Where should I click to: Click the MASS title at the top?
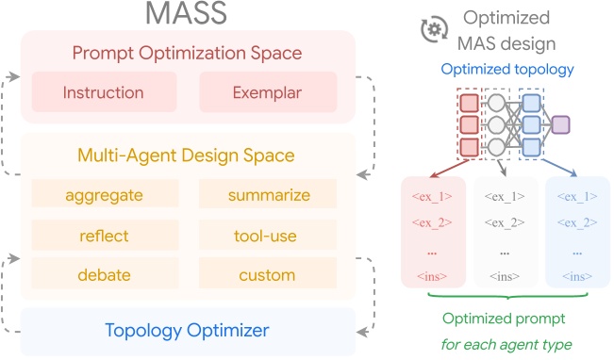pyautogui.click(x=188, y=15)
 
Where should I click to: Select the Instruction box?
pyautogui.click(x=104, y=93)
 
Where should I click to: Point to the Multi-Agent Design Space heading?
pyautogui.click(x=188, y=155)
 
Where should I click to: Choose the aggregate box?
pyautogui.click(x=104, y=195)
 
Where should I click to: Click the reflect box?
pyautogui.click(x=104, y=236)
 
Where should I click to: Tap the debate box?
pyautogui.click(x=104, y=276)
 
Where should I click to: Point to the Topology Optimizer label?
pyautogui.click(x=188, y=330)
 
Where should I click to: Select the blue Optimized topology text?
pyautogui.click(x=508, y=70)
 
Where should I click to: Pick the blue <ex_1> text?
pyautogui.click(x=577, y=197)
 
